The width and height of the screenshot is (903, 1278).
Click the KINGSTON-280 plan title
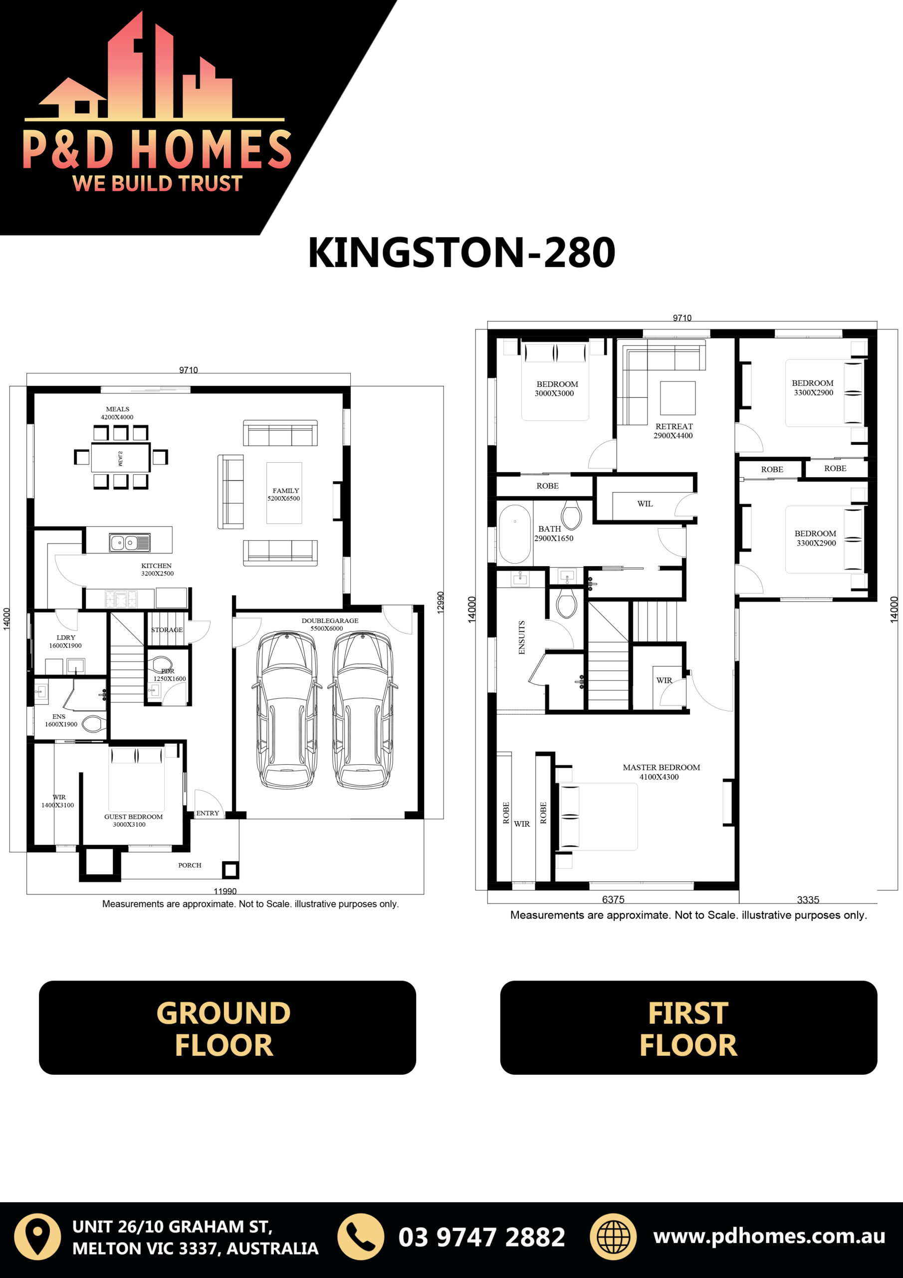pyautogui.click(x=461, y=253)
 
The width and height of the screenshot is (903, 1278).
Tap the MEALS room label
pyautogui.click(x=117, y=409)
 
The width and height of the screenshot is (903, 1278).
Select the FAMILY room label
pyautogui.click(x=285, y=490)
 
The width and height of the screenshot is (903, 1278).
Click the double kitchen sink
pyautogui.click(x=130, y=542)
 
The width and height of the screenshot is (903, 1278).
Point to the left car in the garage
pyautogui.click(x=286, y=710)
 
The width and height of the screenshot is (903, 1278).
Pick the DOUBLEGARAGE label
pyautogui.click(x=330, y=621)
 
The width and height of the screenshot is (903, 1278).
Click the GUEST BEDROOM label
pyautogui.click(x=134, y=817)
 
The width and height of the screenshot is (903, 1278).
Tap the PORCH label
pyautogui.click(x=190, y=865)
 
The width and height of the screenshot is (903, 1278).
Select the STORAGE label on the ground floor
pyautogui.click(x=167, y=630)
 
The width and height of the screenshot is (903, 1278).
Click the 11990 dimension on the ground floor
pyautogui.click(x=225, y=891)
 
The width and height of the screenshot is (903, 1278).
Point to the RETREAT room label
pyautogui.click(x=674, y=426)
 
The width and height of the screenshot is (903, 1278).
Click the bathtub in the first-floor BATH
pyautogui.click(x=515, y=534)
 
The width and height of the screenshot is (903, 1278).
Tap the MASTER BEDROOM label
pyautogui.click(x=661, y=767)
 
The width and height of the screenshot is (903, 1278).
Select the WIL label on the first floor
pyautogui.click(x=645, y=504)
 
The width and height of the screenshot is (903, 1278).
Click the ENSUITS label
pyautogui.click(x=521, y=638)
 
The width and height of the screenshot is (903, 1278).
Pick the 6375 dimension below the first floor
pyautogui.click(x=613, y=900)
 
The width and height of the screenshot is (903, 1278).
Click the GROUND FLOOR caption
pyautogui.click(x=224, y=1028)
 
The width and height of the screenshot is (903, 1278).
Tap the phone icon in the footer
pyautogui.click(x=361, y=1237)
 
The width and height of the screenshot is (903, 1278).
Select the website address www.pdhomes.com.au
pyautogui.click(x=769, y=1236)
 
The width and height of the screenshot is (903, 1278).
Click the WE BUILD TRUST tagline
pyautogui.click(x=158, y=183)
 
